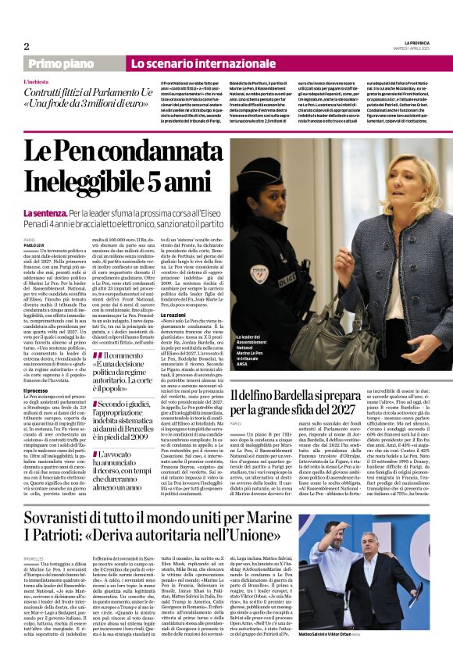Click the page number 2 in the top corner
[x=26, y=46]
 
